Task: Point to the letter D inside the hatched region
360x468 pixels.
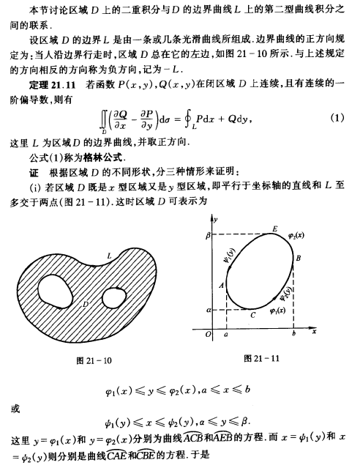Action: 87,302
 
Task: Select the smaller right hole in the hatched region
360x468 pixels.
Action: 114,298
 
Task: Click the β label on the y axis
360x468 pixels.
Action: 208,236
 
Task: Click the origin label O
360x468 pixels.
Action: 209,335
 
